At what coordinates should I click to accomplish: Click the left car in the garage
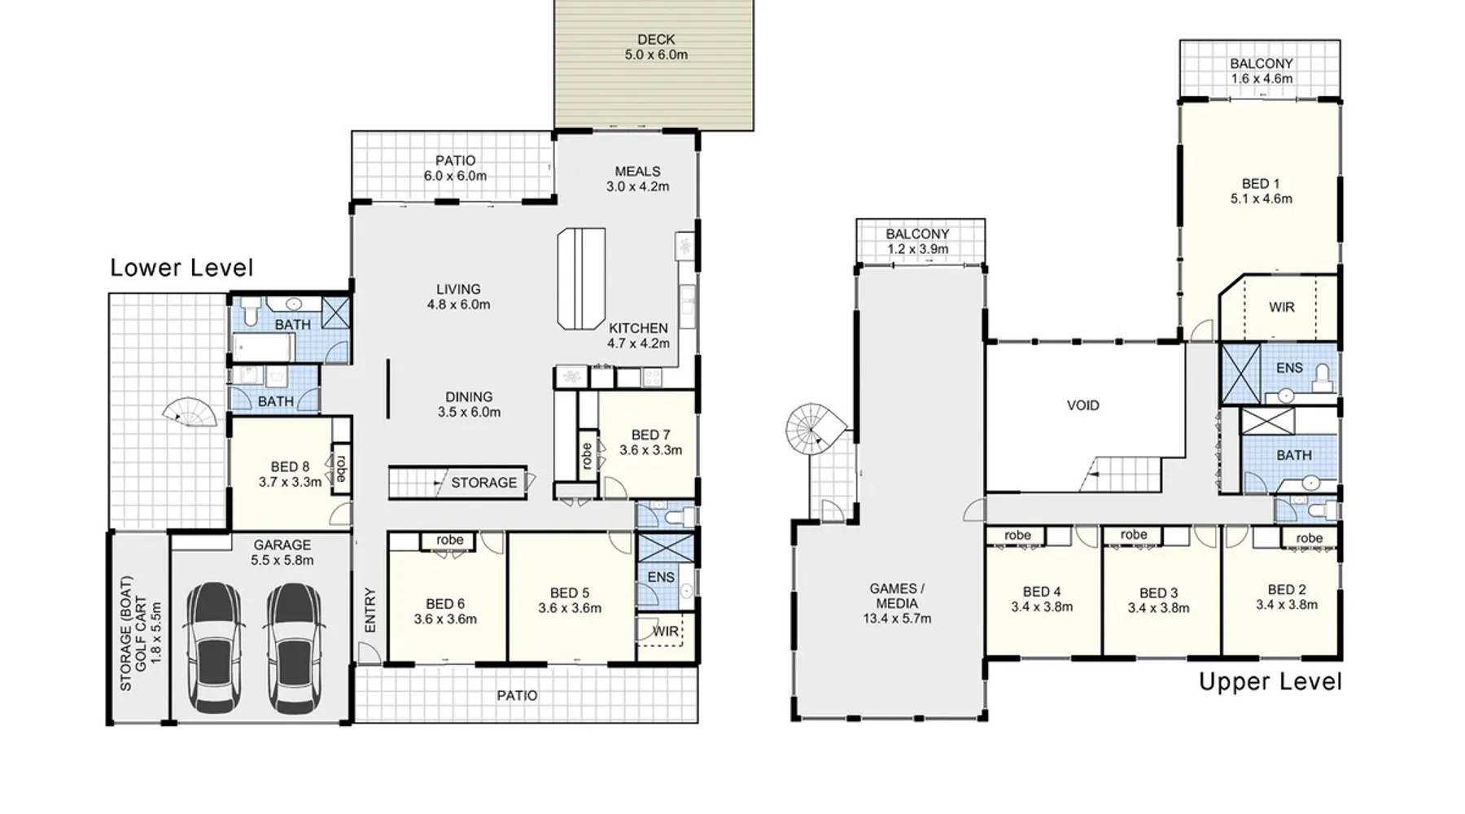click(x=214, y=648)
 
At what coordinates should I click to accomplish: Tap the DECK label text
click(x=656, y=39)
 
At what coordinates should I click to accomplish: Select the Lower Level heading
click(x=181, y=268)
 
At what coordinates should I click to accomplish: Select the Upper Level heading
click(x=1270, y=681)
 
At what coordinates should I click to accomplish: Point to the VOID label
click(x=1082, y=405)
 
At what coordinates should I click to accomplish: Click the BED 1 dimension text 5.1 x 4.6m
click(x=1261, y=199)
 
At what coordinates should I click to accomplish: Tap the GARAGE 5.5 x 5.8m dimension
click(x=282, y=560)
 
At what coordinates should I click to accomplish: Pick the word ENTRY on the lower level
click(x=370, y=610)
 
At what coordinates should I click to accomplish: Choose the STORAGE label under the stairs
click(x=484, y=483)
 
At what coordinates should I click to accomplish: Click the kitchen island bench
click(x=582, y=278)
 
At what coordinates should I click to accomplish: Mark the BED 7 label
click(x=650, y=435)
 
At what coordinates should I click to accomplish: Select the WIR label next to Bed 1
click(x=1282, y=308)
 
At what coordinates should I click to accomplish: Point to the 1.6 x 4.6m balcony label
click(x=1262, y=79)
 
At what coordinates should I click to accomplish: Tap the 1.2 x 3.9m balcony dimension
click(x=917, y=249)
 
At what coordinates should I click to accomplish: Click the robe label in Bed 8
click(x=340, y=467)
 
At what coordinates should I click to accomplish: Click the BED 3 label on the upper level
click(x=1159, y=593)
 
